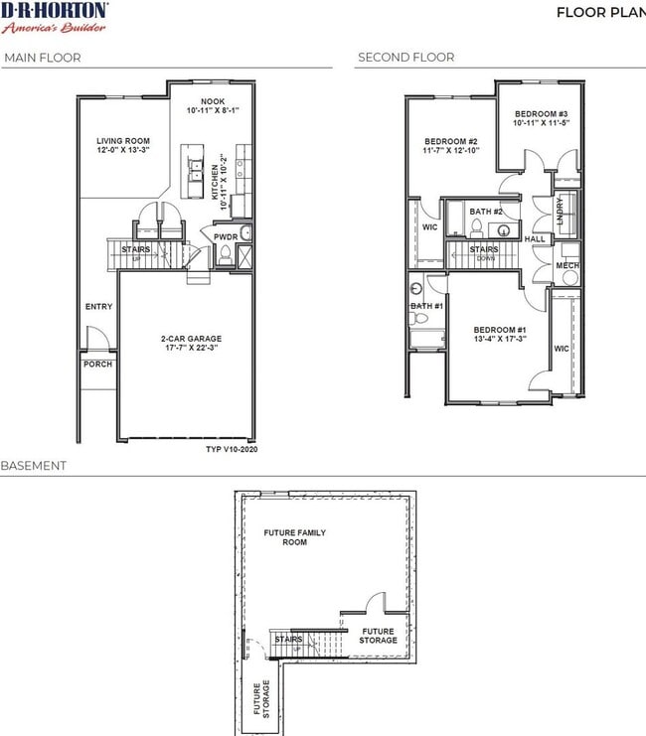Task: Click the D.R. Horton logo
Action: [55, 16]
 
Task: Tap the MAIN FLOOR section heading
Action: [43, 58]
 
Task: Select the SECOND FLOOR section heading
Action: [405, 58]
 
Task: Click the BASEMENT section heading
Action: [35, 466]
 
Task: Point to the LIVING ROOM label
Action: [122, 145]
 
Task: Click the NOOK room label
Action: [212, 102]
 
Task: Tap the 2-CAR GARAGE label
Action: [191, 339]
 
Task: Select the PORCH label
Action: [97, 364]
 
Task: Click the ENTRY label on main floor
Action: [98, 307]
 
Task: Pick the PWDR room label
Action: [225, 237]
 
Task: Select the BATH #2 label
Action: [487, 212]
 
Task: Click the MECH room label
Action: [566, 266]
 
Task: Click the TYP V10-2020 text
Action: [231, 449]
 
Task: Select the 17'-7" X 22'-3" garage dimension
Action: [191, 349]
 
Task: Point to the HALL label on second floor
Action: [535, 239]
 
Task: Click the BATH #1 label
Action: [426, 306]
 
